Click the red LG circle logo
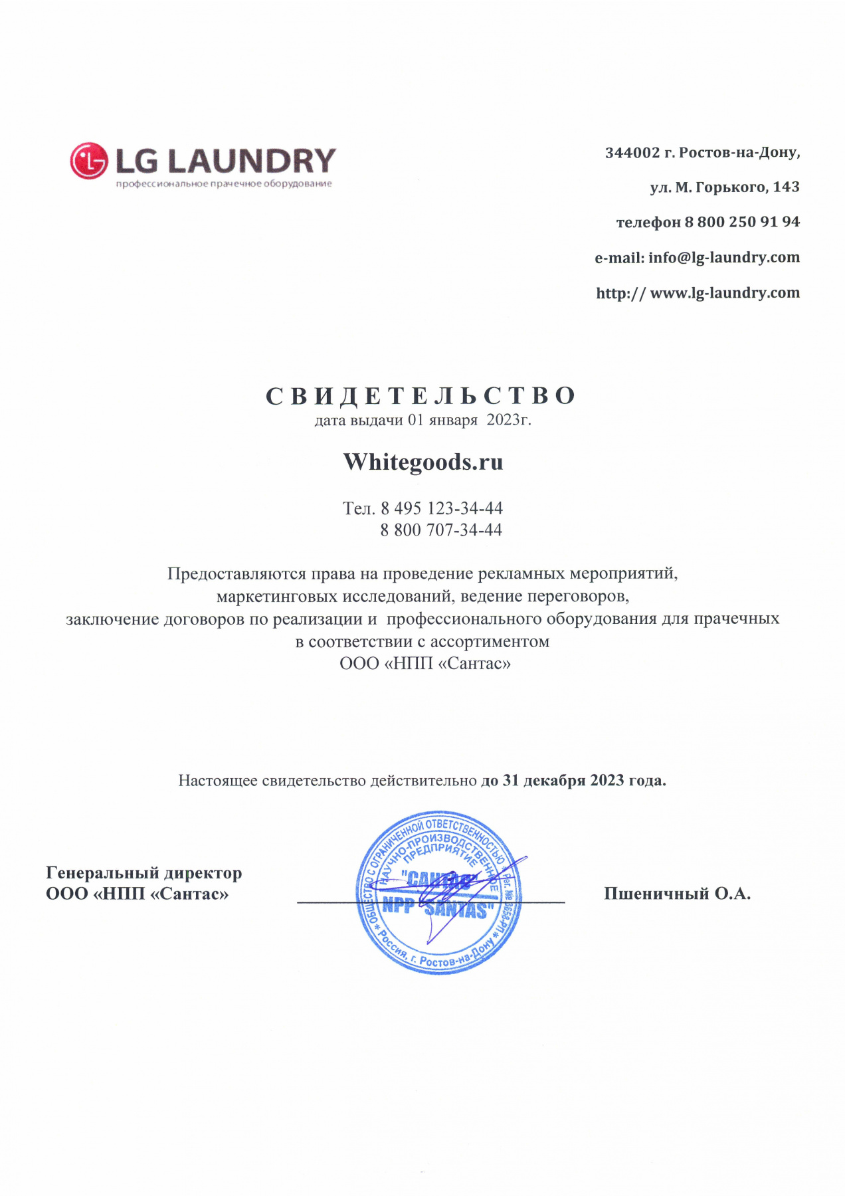[88, 161]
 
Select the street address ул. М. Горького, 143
[724, 187]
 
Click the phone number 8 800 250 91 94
[742, 222]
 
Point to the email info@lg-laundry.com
[723, 257]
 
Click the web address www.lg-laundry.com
[725, 292]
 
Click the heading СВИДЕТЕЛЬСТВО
[421, 396]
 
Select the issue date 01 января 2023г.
[469, 420]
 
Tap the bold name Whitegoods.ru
[423, 462]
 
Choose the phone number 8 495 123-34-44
[441, 508]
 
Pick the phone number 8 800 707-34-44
[441, 530]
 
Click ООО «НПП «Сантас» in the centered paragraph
[425, 663]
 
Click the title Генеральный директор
[143, 872]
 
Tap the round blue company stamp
[438, 892]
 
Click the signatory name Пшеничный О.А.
[677, 894]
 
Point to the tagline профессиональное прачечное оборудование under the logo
[224, 184]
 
